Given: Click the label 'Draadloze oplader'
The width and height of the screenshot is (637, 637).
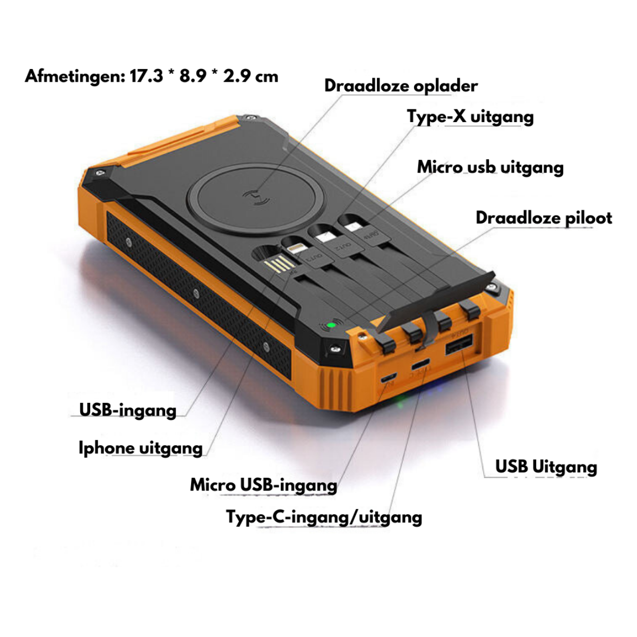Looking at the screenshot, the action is (x=401, y=86).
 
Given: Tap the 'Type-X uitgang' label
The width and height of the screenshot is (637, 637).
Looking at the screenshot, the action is (x=470, y=117).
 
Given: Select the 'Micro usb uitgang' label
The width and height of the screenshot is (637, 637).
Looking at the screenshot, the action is (x=490, y=167).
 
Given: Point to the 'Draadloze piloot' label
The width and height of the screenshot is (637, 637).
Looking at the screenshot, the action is (x=544, y=218).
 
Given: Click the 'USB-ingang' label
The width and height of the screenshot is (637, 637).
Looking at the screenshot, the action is (x=127, y=410).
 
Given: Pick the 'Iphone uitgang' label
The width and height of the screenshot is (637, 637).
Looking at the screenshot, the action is (x=141, y=448).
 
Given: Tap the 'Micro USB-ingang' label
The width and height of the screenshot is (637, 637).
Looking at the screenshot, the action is (x=263, y=485).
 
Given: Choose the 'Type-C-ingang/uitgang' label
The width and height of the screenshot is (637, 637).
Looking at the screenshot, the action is (x=324, y=517).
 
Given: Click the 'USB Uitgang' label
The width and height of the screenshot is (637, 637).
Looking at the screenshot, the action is (x=546, y=467).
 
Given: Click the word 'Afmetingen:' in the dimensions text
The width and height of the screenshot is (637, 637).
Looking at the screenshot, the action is (x=75, y=76).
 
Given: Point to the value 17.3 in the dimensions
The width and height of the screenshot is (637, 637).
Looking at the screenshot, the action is (x=147, y=76).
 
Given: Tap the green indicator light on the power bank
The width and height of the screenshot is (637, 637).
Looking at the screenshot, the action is (x=331, y=325).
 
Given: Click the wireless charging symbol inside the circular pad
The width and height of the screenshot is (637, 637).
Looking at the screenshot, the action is (x=256, y=198).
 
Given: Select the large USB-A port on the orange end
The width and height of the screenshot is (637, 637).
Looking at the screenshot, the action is (x=459, y=345).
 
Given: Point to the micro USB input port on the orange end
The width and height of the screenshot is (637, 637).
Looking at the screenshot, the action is (x=389, y=377).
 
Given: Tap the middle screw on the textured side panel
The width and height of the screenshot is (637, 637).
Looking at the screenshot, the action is (x=196, y=292).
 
